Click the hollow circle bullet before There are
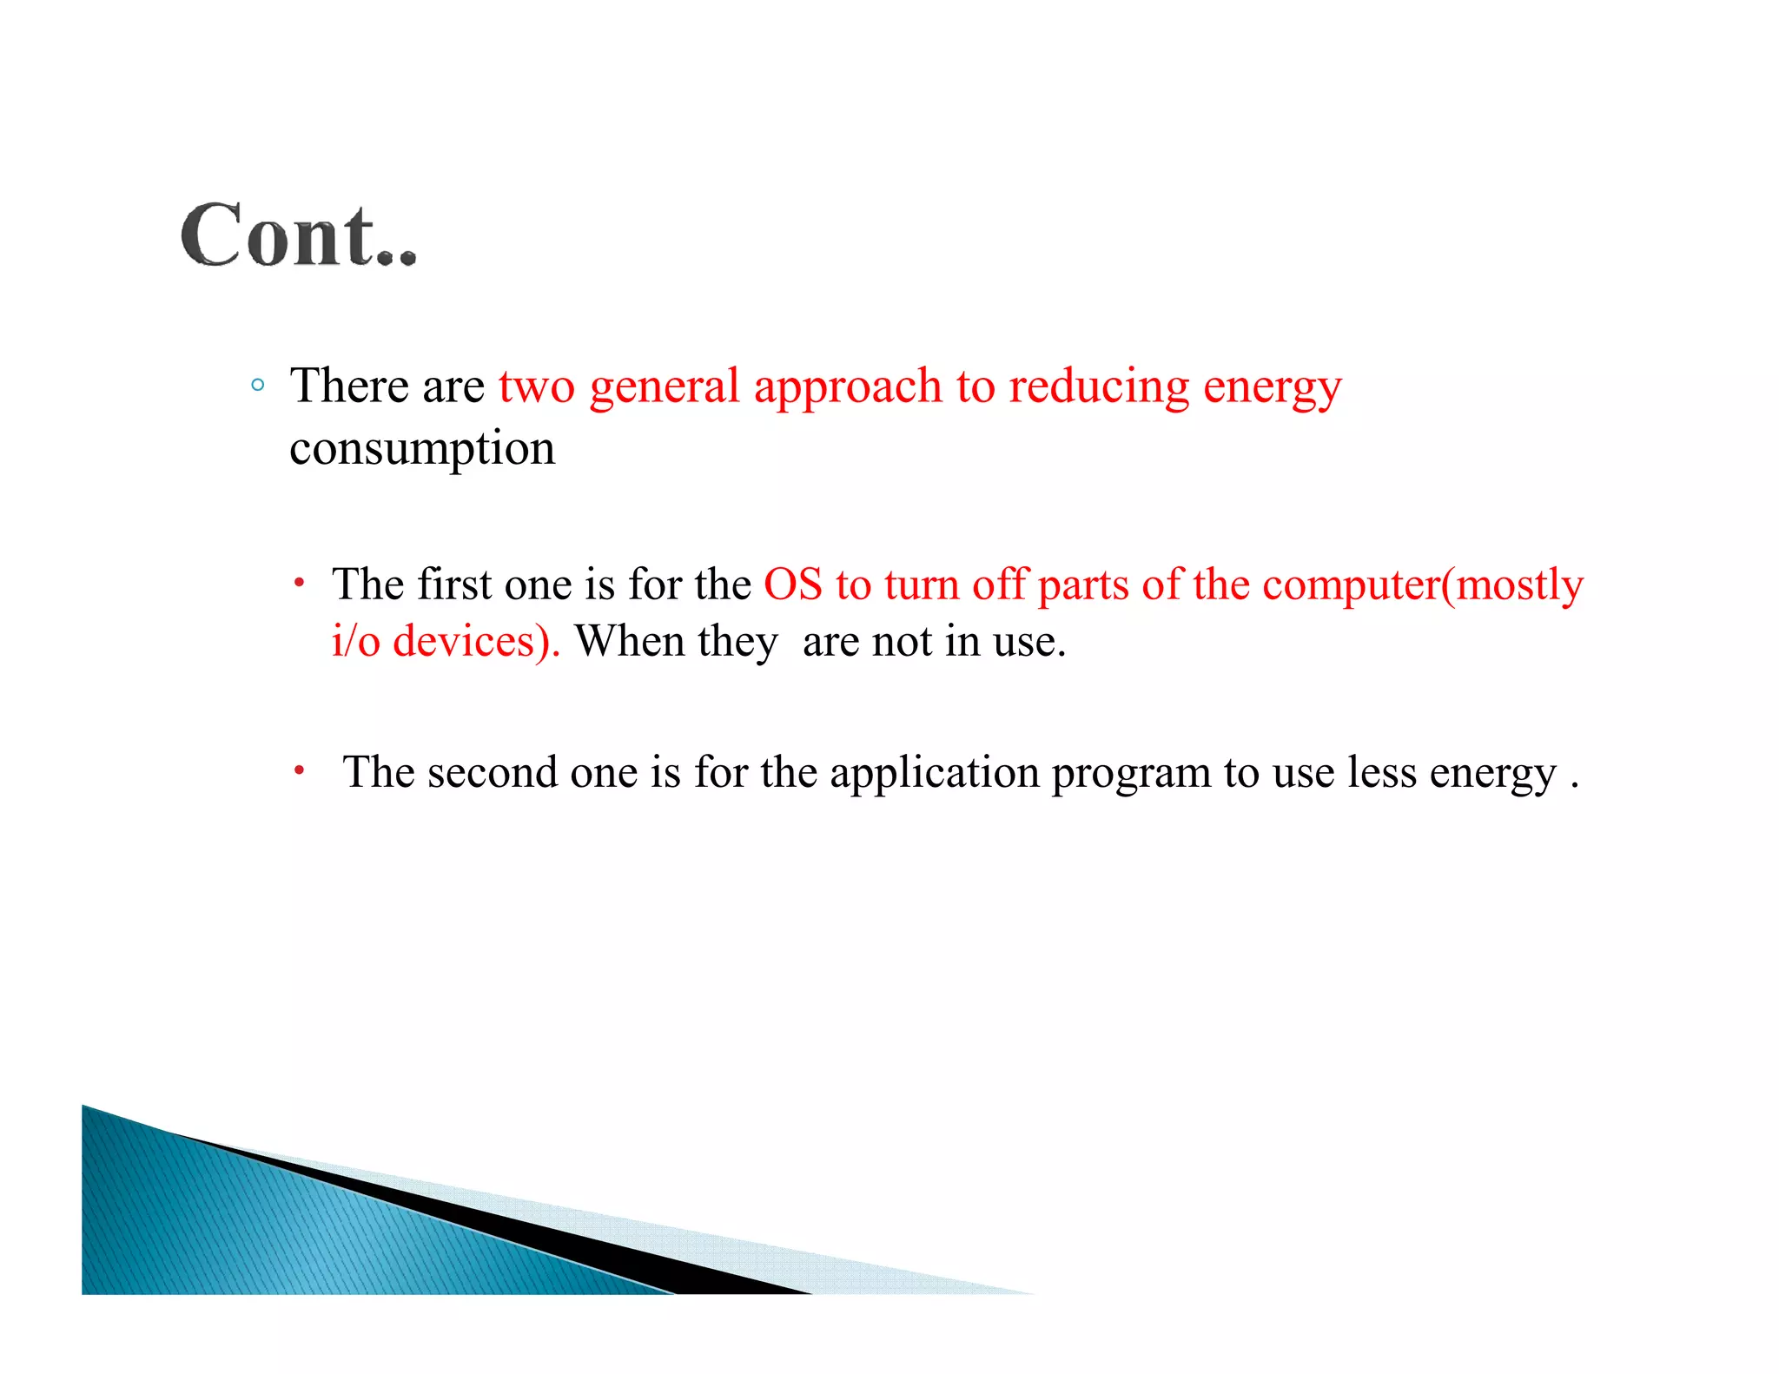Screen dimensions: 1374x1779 tap(257, 385)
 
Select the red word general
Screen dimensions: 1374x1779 tap(665, 387)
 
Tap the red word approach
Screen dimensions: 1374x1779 tap(848, 387)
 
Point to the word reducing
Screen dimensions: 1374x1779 tap(1099, 387)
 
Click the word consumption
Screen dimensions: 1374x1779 tap(422, 450)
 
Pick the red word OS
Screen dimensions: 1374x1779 tap(792, 585)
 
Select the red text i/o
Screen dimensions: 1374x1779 tap(356, 642)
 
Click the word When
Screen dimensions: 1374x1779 tap(630, 642)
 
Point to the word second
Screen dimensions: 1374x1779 tap(492, 772)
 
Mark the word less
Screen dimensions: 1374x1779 tap(1381, 772)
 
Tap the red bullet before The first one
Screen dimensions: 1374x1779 tap(299, 583)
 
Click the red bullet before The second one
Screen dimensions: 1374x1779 tap(299, 770)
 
